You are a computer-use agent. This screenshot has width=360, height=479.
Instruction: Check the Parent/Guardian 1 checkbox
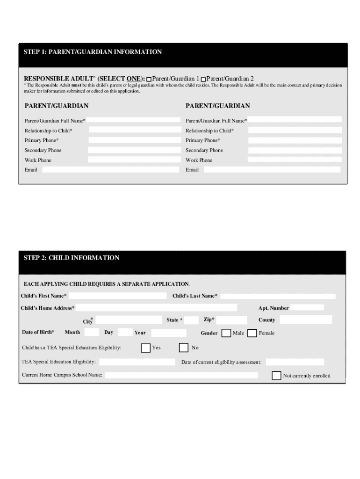[149, 80]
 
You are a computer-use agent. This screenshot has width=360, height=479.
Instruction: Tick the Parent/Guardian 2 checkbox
[203, 80]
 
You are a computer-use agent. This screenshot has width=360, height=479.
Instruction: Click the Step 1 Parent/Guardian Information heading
[93, 52]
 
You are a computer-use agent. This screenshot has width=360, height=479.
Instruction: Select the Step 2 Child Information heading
[72, 258]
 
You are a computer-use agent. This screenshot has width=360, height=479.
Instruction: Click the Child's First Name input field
[117, 296]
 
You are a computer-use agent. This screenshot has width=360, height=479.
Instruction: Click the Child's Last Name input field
[278, 296]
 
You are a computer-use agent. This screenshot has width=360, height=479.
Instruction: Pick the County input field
[306, 320]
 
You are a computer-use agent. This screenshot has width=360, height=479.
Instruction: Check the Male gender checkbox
[226, 333]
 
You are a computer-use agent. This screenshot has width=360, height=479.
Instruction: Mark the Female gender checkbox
[252, 333]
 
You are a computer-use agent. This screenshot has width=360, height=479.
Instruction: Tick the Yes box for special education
[145, 348]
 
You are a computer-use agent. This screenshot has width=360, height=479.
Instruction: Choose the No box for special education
[184, 348]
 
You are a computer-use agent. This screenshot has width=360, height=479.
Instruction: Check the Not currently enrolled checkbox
[276, 376]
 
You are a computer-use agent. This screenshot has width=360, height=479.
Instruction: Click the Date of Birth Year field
[169, 333]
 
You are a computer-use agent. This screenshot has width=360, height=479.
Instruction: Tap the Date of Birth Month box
[92, 333]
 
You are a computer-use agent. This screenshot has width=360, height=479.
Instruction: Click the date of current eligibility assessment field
[295, 362]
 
